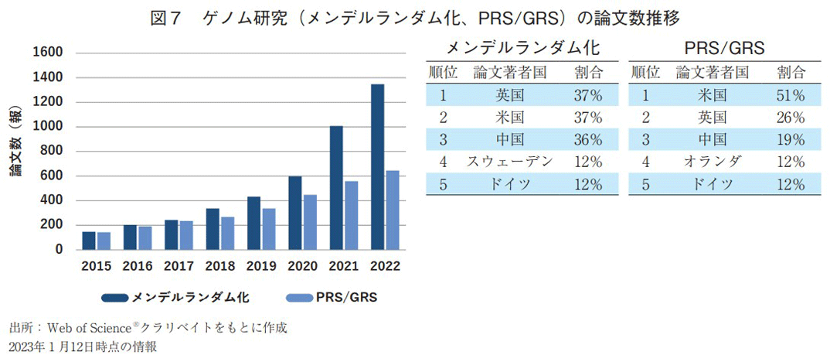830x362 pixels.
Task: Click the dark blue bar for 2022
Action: coord(377,167)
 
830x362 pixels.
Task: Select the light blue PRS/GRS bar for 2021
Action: coord(351,216)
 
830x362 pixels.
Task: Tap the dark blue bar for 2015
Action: coord(89,241)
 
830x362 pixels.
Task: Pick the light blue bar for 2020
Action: coord(310,222)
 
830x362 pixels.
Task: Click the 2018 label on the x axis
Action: coord(219,266)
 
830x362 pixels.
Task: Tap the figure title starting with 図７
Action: coord(415,17)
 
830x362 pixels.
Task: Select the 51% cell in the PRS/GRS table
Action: coord(791,96)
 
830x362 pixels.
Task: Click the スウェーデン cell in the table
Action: coord(509,162)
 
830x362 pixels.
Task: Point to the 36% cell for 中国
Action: coord(587,140)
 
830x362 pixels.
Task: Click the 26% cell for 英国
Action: coord(791,118)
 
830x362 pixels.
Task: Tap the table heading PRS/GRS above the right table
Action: coord(724,49)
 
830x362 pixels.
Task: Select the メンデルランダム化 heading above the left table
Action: coord(523,49)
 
